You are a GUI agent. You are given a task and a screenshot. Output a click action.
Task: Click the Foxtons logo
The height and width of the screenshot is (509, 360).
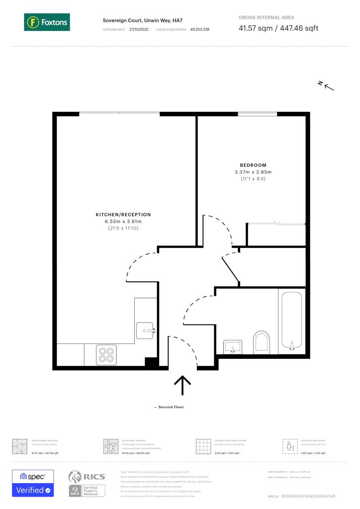point(47,22)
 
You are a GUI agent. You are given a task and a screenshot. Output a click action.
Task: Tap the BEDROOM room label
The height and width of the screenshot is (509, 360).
point(253,165)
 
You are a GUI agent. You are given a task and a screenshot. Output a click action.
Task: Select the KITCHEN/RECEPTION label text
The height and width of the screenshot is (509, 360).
point(123,215)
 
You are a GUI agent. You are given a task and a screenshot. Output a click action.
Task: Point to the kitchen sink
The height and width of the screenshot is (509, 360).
point(146,329)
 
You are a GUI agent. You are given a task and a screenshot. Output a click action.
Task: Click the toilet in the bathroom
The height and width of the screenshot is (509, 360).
point(261,342)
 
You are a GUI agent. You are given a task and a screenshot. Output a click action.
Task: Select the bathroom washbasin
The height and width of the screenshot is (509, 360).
point(232,346)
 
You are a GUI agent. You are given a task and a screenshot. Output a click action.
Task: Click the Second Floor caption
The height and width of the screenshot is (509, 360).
point(172,407)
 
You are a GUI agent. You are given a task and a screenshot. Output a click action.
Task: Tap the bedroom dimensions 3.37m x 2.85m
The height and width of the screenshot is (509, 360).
point(253,172)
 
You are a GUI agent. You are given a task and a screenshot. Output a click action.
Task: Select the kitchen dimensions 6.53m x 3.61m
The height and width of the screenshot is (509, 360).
point(123,221)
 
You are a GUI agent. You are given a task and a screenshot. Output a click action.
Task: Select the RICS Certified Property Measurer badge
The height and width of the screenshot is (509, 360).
point(87,483)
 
